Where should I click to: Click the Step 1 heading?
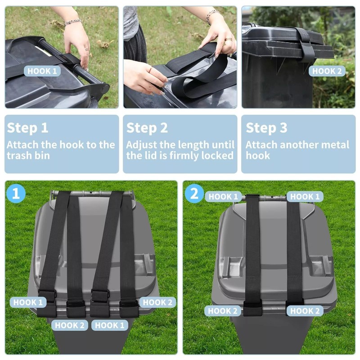tap(27, 128)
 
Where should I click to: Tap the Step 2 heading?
tap(147, 128)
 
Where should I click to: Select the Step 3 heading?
tap(266, 128)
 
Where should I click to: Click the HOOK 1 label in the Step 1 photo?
tap(42, 71)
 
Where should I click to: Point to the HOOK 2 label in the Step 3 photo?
tap(327, 71)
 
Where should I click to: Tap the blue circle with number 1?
tap(16, 194)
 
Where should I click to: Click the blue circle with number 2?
tap(194, 194)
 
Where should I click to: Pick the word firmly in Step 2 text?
tap(180, 156)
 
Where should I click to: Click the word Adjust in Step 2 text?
tap(140, 145)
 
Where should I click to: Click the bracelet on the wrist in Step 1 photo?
tap(72, 22)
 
